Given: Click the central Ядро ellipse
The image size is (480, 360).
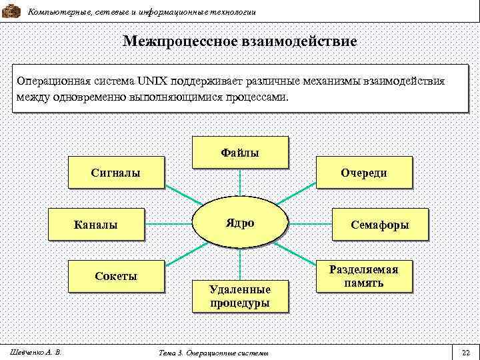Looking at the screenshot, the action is pyautogui.click(x=240, y=223).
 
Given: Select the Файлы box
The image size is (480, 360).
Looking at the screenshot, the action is pyautogui.click(x=240, y=152).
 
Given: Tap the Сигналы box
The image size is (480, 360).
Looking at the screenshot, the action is pyautogui.click(x=115, y=173).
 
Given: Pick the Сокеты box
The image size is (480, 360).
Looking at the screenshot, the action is pyautogui.click(x=115, y=276).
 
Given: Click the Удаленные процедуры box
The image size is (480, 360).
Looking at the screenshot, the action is pyautogui.click(x=240, y=296).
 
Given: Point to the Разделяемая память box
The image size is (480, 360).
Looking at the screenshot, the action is pyautogui.click(x=363, y=276).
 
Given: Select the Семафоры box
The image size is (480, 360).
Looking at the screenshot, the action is pyautogui.click(x=380, y=225).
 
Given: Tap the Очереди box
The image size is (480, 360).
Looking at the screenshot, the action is pyautogui.click(x=363, y=173).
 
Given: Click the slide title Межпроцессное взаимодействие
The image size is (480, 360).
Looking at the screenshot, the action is pyautogui.click(x=240, y=41).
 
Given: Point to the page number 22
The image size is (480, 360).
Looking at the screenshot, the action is pyautogui.click(x=466, y=352).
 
